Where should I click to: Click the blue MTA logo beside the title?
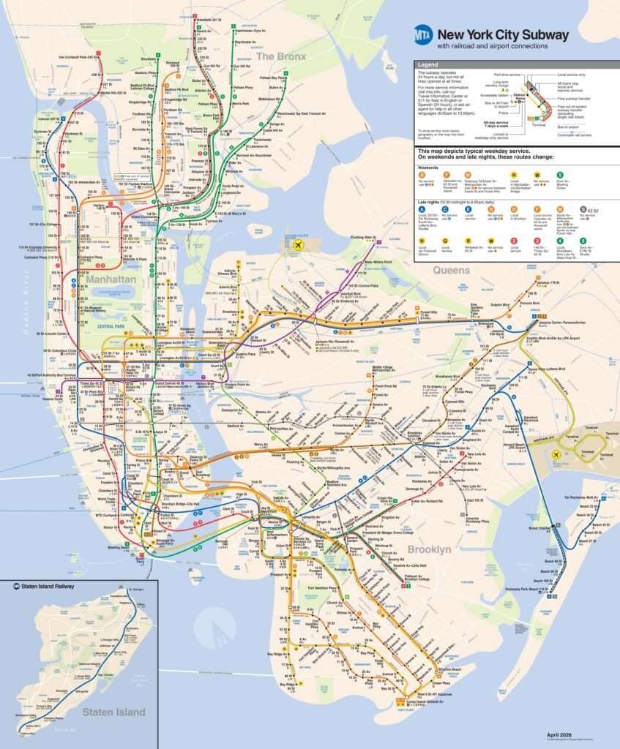[x=423, y=34]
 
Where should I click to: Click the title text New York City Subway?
[x=502, y=34]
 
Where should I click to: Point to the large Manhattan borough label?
[x=110, y=279]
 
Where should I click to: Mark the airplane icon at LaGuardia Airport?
[x=298, y=245]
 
